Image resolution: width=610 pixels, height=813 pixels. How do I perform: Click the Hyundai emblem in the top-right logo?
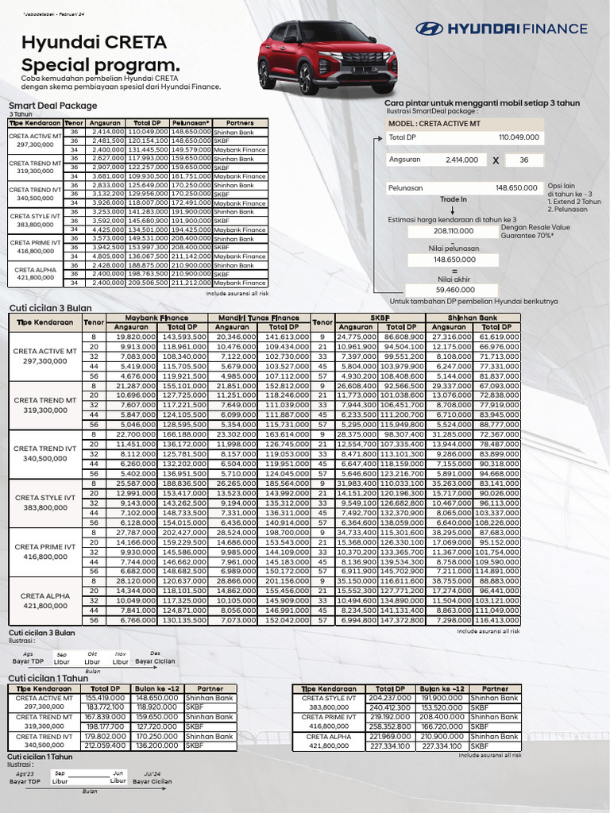(430, 29)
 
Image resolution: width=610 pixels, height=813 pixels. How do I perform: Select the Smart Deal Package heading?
(52, 105)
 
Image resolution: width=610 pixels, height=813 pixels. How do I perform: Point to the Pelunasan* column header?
(189, 123)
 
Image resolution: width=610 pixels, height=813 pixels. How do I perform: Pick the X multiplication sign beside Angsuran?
(495, 160)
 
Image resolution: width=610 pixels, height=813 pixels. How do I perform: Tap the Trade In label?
(454, 199)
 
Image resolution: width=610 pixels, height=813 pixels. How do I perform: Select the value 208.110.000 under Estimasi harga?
(454, 230)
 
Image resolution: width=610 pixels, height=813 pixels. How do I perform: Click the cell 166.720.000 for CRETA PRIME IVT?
(441, 726)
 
